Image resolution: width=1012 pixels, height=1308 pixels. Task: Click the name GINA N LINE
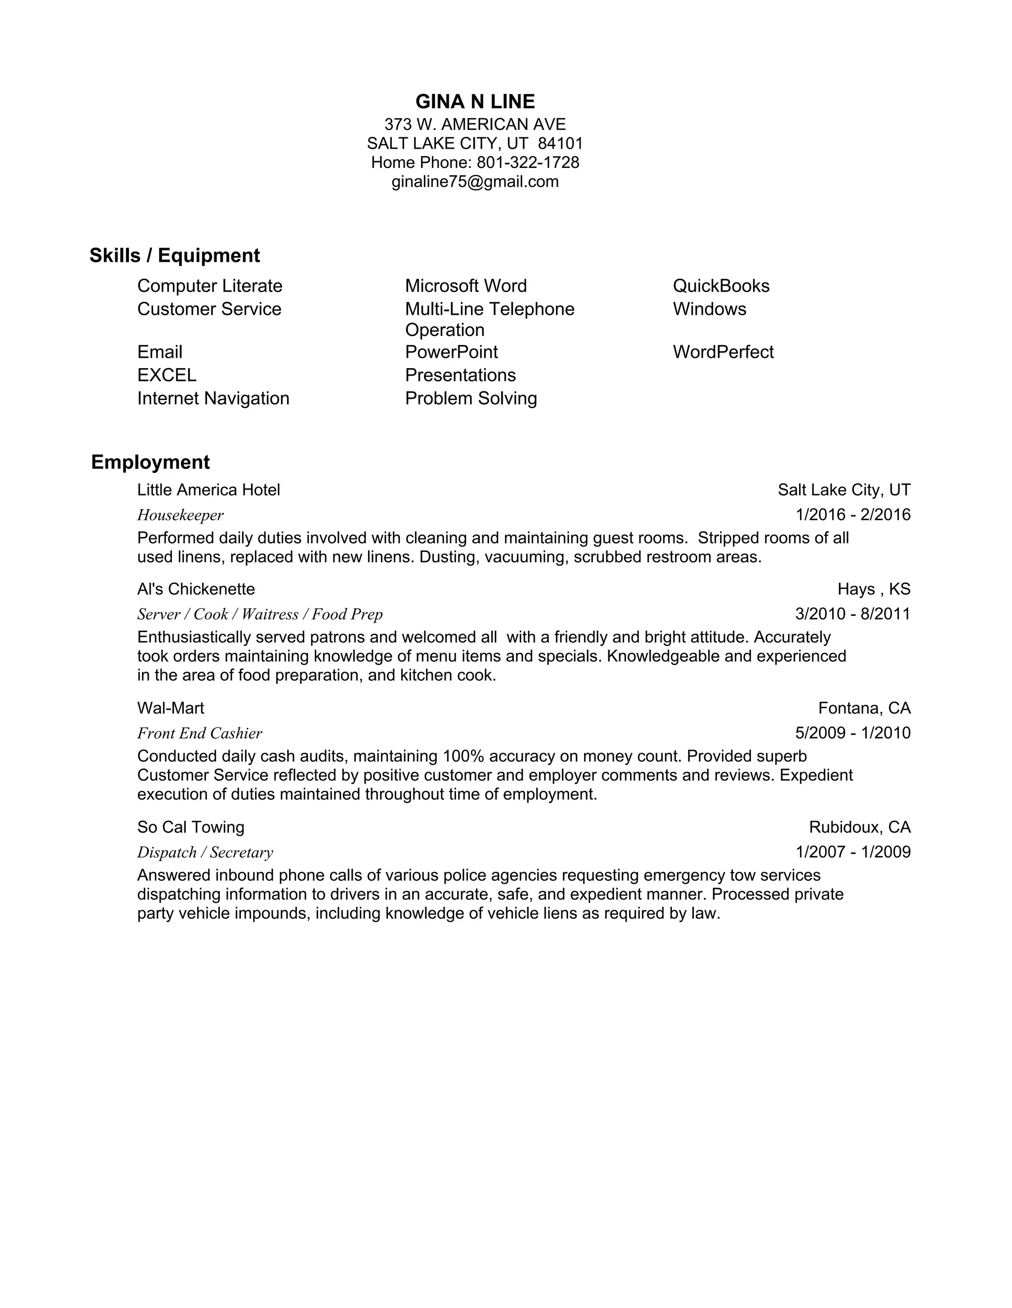click(475, 102)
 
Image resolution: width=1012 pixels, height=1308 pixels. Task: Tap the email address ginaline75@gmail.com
click(475, 181)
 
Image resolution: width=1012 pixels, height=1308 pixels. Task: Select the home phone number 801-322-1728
click(528, 162)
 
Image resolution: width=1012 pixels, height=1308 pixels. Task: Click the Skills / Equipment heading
click(174, 256)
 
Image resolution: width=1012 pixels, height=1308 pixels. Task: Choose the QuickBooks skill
click(721, 286)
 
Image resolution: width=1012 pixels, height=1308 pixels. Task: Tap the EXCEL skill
click(167, 375)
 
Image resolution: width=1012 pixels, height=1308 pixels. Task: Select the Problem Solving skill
click(471, 398)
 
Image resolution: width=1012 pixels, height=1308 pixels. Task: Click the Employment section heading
click(150, 463)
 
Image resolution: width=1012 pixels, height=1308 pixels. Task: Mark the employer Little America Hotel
click(209, 490)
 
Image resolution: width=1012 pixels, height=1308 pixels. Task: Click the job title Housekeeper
click(180, 515)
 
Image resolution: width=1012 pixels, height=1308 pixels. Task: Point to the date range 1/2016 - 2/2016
click(853, 514)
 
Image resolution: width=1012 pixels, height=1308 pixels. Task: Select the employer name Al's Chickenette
click(196, 590)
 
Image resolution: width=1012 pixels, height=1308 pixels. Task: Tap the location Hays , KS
click(874, 590)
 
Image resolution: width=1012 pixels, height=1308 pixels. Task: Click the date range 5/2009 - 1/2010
click(853, 732)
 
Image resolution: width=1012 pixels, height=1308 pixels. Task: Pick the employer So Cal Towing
click(190, 827)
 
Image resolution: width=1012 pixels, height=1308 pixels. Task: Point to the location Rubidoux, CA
click(859, 827)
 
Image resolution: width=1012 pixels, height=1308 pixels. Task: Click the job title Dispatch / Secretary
click(205, 852)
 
